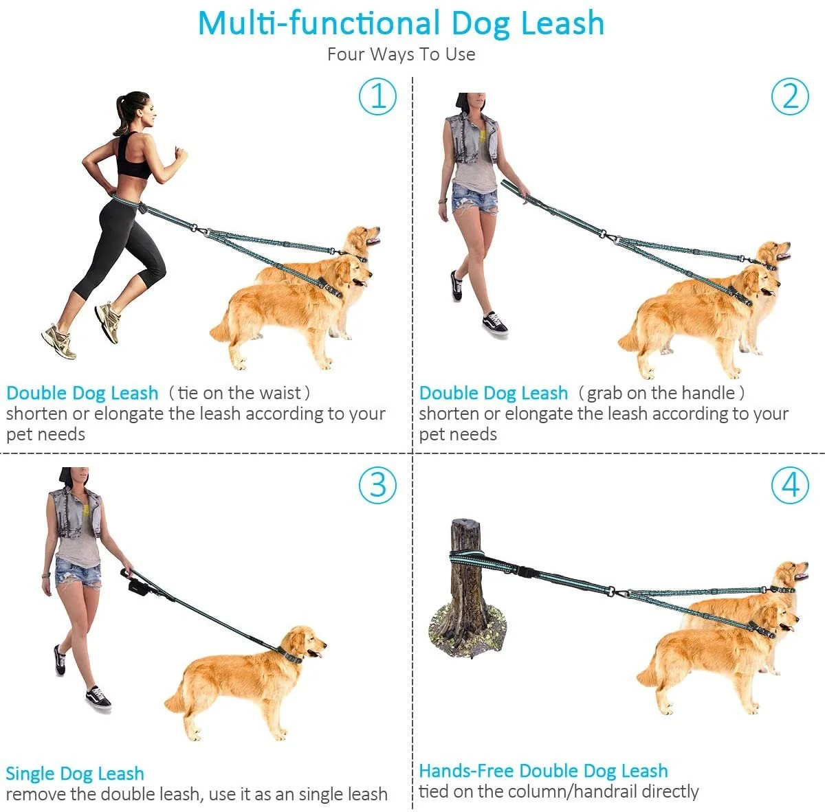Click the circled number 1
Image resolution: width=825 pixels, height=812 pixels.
coord(377,96)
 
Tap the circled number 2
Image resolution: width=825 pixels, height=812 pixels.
coord(790,96)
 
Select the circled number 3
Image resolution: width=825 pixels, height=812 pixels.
coord(377,485)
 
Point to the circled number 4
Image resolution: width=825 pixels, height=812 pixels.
coord(790,485)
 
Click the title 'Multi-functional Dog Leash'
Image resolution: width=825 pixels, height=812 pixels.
coord(401,24)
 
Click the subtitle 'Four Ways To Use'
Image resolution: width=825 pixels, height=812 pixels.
coord(401,54)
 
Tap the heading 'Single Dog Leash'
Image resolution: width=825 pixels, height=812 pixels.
coord(75,774)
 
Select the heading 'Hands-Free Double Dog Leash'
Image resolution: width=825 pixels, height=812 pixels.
coord(543,771)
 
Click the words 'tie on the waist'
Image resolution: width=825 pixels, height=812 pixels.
coord(239,393)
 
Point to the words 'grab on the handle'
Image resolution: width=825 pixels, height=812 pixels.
coord(661,393)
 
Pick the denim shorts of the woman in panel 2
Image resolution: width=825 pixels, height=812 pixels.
coord(474,199)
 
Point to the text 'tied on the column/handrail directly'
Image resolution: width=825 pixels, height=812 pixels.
coord(559,792)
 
